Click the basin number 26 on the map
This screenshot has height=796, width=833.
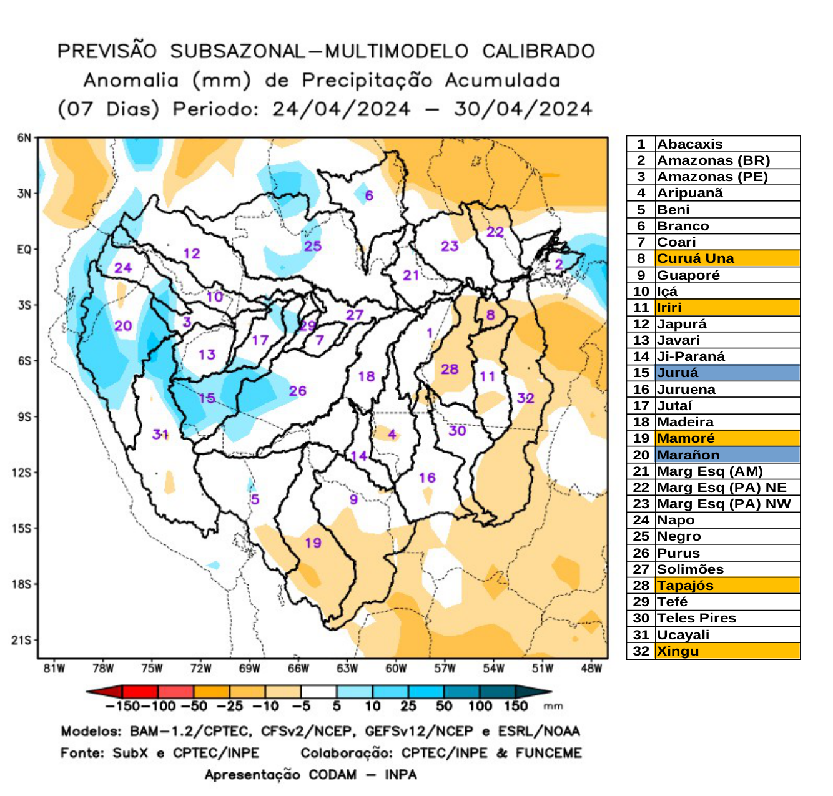click(x=297, y=391)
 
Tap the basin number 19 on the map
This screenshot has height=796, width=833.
click(x=313, y=543)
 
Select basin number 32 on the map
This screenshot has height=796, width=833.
click(x=525, y=398)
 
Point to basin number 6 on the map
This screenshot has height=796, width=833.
click(x=369, y=195)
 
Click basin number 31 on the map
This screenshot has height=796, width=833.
click(x=160, y=434)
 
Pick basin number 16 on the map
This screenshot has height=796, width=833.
click(x=427, y=478)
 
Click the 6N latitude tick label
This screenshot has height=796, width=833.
click(x=24, y=138)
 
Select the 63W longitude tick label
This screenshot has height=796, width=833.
click(x=347, y=669)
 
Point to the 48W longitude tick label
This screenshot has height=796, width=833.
click(x=591, y=669)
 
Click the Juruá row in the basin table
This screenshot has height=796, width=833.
click(x=713, y=373)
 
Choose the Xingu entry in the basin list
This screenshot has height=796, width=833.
click(x=713, y=651)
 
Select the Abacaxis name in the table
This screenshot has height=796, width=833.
click(x=689, y=144)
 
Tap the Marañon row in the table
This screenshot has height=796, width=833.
click(x=713, y=455)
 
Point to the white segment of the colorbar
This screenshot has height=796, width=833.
click(x=318, y=692)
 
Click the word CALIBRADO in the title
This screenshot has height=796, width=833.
click(x=538, y=51)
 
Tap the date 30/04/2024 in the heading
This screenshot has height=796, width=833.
click(x=523, y=109)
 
